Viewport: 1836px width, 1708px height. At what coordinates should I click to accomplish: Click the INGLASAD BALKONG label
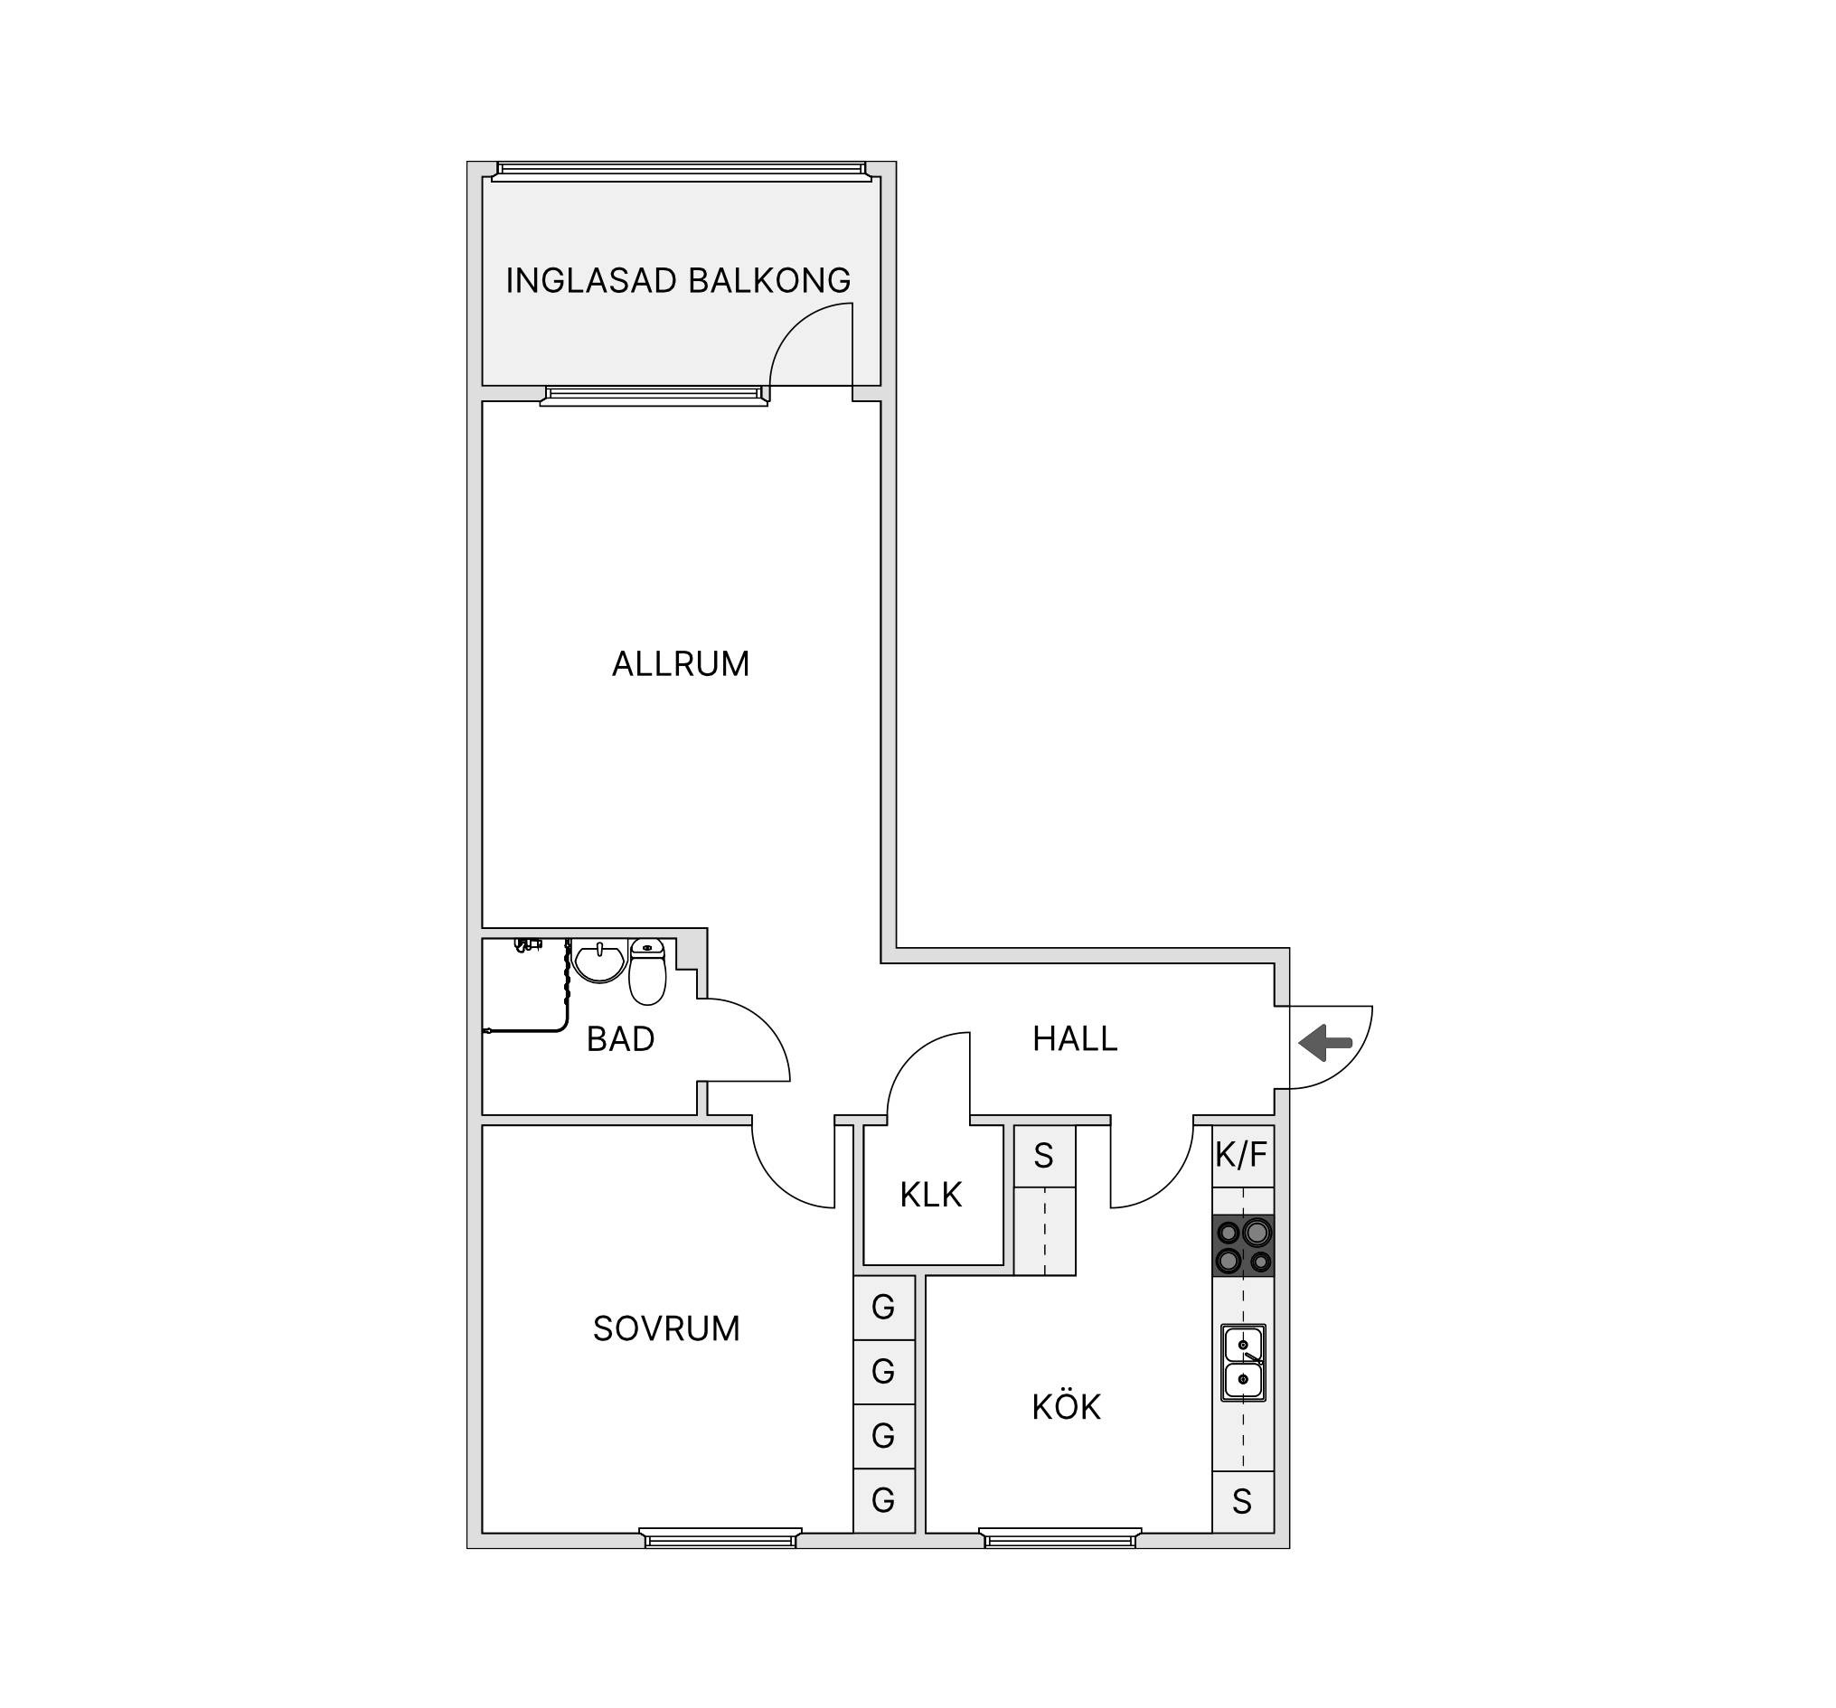(678, 281)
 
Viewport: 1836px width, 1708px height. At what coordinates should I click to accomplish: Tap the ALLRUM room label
(681, 665)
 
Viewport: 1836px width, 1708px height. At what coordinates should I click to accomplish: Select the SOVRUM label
(666, 1328)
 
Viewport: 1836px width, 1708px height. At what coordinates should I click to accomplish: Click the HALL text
(1075, 1038)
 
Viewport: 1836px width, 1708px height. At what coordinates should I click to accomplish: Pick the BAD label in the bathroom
(621, 1039)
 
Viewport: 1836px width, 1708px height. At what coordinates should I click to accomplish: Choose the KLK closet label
(931, 1195)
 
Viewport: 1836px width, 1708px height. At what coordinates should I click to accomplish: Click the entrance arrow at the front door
(1325, 1042)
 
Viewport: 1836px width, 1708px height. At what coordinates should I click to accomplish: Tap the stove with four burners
(1243, 1245)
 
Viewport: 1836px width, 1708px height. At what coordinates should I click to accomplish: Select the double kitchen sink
(1243, 1363)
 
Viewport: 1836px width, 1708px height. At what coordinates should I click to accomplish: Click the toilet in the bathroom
(647, 971)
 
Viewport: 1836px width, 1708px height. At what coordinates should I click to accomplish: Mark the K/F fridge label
(1242, 1155)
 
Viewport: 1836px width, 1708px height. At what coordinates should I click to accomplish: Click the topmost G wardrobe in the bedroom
(884, 1308)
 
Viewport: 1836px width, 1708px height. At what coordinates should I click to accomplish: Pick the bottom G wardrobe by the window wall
(884, 1500)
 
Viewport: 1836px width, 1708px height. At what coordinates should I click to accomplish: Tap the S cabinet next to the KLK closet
(1044, 1156)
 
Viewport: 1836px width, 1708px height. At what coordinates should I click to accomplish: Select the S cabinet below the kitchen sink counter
(1242, 1502)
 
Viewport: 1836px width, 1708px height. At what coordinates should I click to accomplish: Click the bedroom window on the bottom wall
(720, 1537)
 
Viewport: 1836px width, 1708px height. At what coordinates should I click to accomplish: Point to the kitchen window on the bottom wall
(1060, 1537)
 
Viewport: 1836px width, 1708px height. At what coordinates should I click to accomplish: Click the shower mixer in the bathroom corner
(527, 945)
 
